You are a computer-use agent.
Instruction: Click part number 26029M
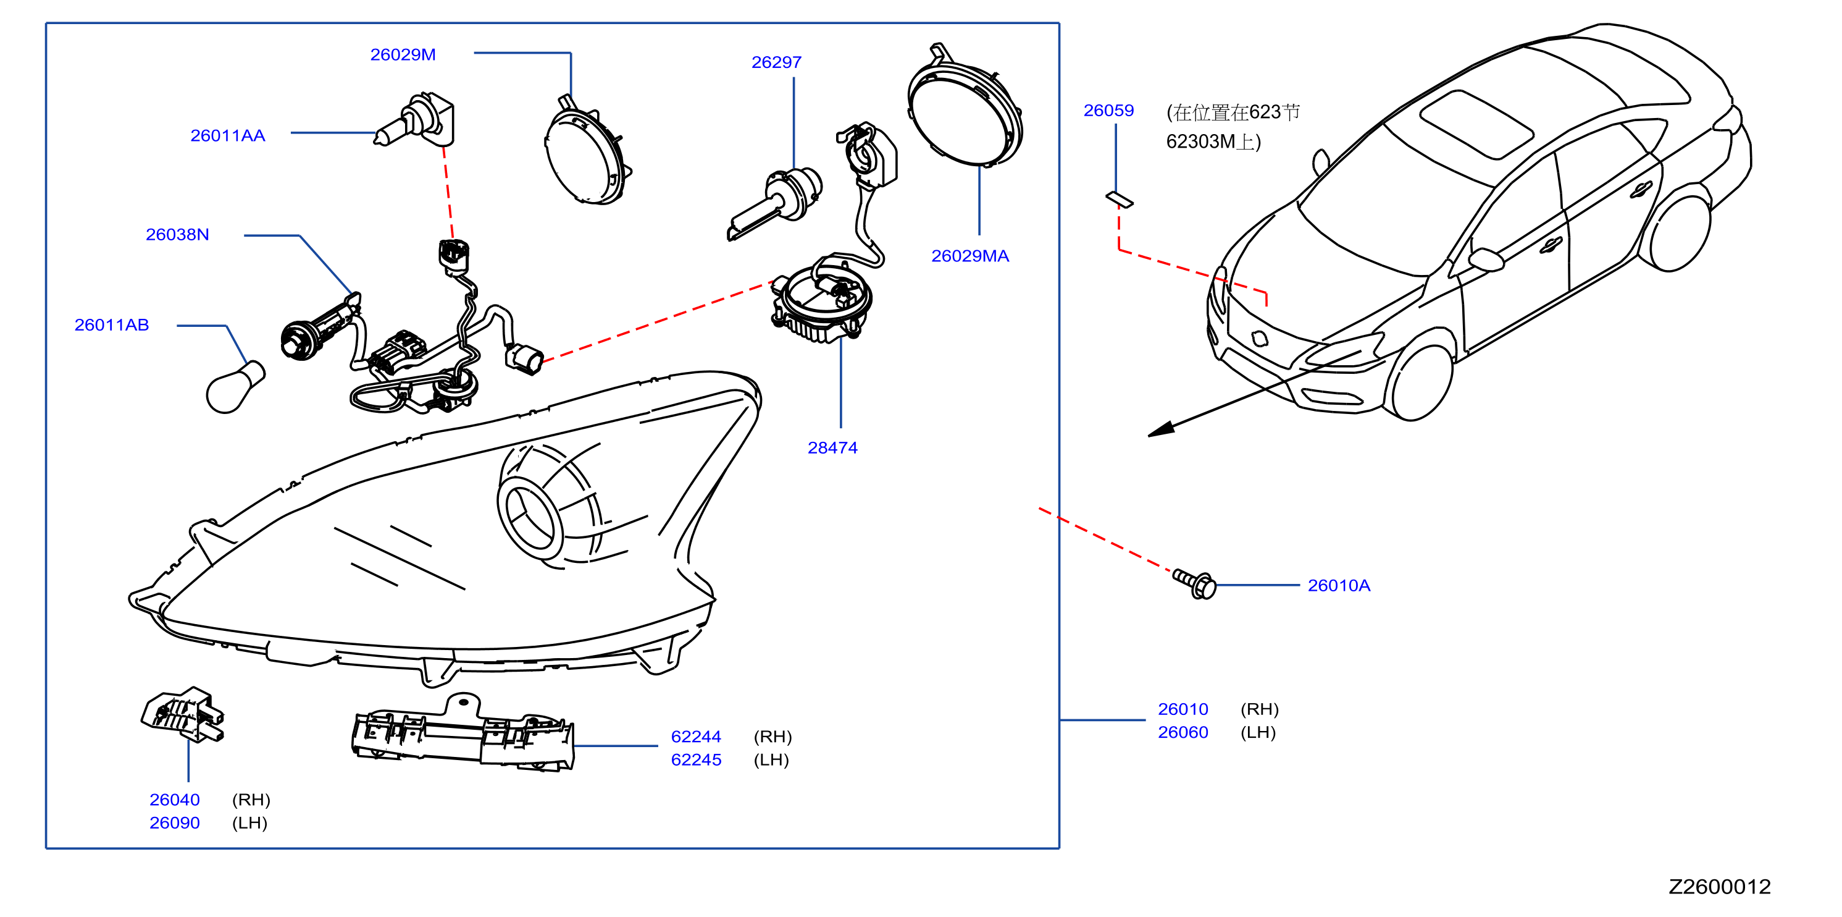tap(403, 55)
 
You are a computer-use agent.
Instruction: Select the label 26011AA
tap(227, 136)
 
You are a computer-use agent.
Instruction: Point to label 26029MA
tap(969, 256)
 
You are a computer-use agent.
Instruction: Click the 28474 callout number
tap(832, 448)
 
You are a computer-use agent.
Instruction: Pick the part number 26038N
tap(177, 235)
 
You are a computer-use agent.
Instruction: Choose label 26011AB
tap(112, 325)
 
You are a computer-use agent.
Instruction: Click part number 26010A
tap(1339, 586)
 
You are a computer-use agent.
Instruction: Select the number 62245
tap(696, 759)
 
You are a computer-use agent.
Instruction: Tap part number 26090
tap(175, 822)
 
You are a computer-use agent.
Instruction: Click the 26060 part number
tap(1183, 732)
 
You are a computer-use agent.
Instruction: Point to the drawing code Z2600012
tap(1720, 887)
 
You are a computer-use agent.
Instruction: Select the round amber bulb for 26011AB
tap(235, 389)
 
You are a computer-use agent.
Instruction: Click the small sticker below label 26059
tap(1119, 200)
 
